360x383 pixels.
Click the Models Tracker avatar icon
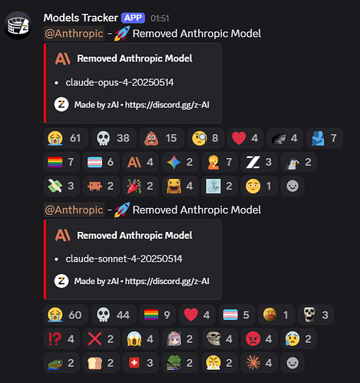coord(18,25)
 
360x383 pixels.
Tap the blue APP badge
coord(133,18)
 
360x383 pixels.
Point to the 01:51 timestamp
coord(160,18)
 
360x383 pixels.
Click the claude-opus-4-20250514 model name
coord(120,82)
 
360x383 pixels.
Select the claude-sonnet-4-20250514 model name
coord(124,259)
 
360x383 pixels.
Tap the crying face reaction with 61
coord(66,138)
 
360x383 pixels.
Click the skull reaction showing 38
coord(114,138)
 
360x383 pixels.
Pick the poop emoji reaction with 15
coord(162,138)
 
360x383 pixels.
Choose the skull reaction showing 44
coord(114,315)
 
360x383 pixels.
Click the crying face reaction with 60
coord(66,315)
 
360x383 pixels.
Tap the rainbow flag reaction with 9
coord(157,315)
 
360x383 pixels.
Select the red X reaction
coord(101,338)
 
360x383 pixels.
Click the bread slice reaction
coord(101,363)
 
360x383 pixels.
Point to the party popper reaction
coord(140,186)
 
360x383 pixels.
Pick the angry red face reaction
coord(259,338)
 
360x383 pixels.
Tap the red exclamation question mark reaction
coord(61,338)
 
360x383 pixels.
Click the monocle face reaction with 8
coord(206,138)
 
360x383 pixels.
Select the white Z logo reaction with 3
coord(259,162)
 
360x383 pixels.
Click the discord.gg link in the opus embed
coord(167,105)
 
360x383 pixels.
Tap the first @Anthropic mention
coord(74,34)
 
